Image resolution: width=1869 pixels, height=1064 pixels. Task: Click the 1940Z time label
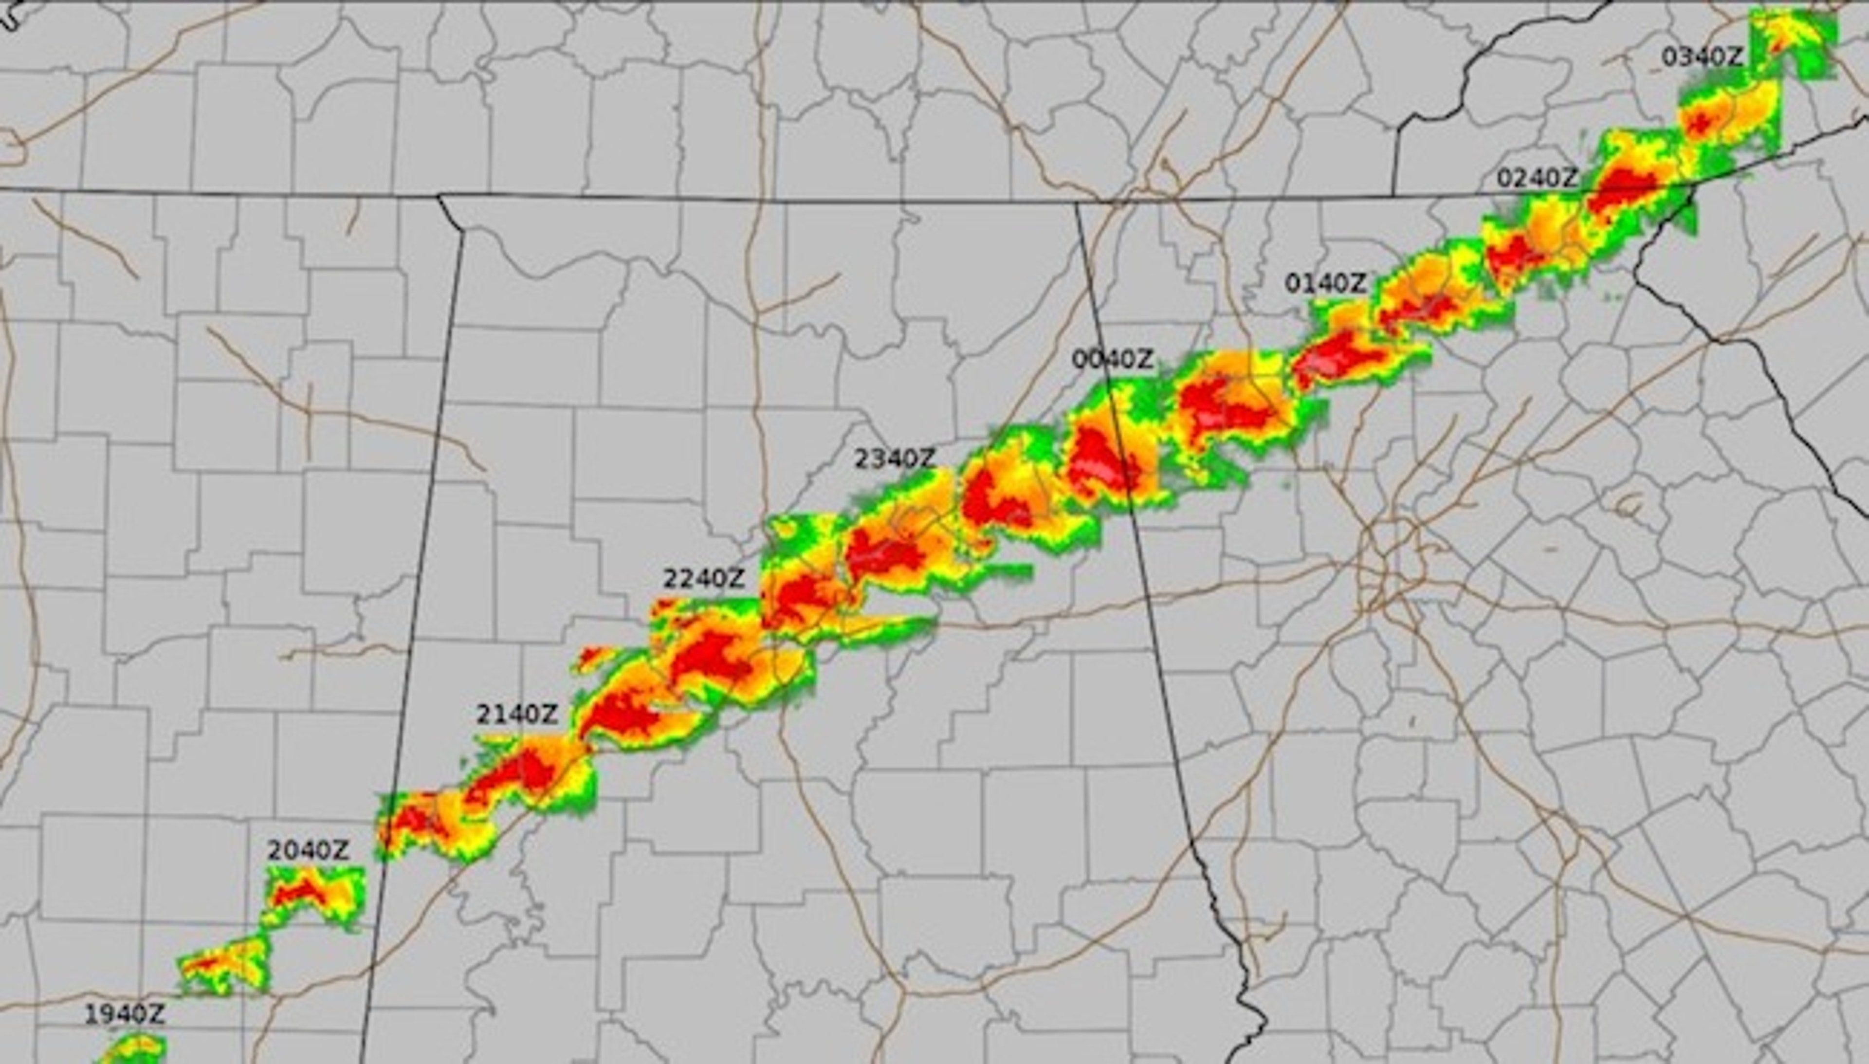pyautogui.click(x=124, y=1014)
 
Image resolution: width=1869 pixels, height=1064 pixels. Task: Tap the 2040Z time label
pyautogui.click(x=308, y=851)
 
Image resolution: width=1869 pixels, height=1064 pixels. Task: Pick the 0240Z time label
pyautogui.click(x=1537, y=178)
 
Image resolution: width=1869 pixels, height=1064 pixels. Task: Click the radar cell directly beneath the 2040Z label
pyautogui.click(x=314, y=895)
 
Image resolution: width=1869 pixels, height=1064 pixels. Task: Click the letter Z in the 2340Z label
pyautogui.click(x=926, y=459)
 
